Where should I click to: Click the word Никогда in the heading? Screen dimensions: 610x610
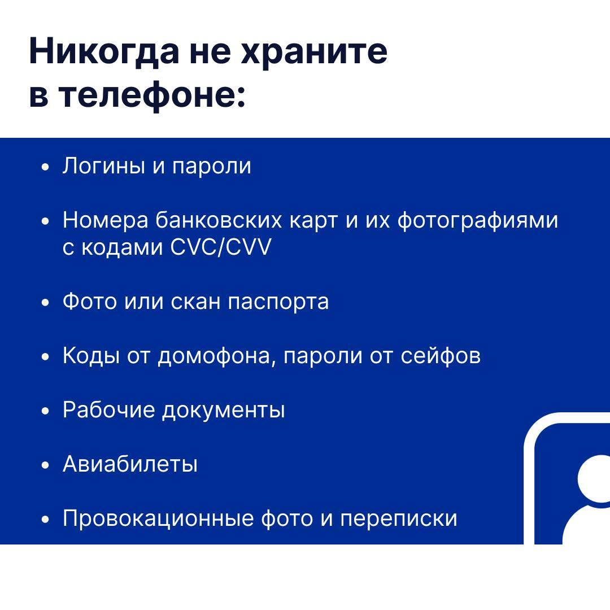[x=104, y=52]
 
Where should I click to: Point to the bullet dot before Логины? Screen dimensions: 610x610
[x=46, y=167]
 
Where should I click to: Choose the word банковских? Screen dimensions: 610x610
[x=218, y=220]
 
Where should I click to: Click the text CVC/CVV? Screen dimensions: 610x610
[x=221, y=247]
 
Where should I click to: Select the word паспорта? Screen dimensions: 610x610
[x=278, y=302]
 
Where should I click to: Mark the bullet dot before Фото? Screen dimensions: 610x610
[x=46, y=302]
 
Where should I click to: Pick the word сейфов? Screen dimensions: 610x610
[x=441, y=356]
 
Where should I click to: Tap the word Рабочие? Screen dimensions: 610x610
[x=108, y=410]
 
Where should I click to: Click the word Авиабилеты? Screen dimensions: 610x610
[x=130, y=464]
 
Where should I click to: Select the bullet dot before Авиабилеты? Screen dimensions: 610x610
[x=46, y=465]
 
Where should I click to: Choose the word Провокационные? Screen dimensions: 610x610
[x=158, y=519]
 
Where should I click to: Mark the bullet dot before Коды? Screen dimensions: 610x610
[x=46, y=356]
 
